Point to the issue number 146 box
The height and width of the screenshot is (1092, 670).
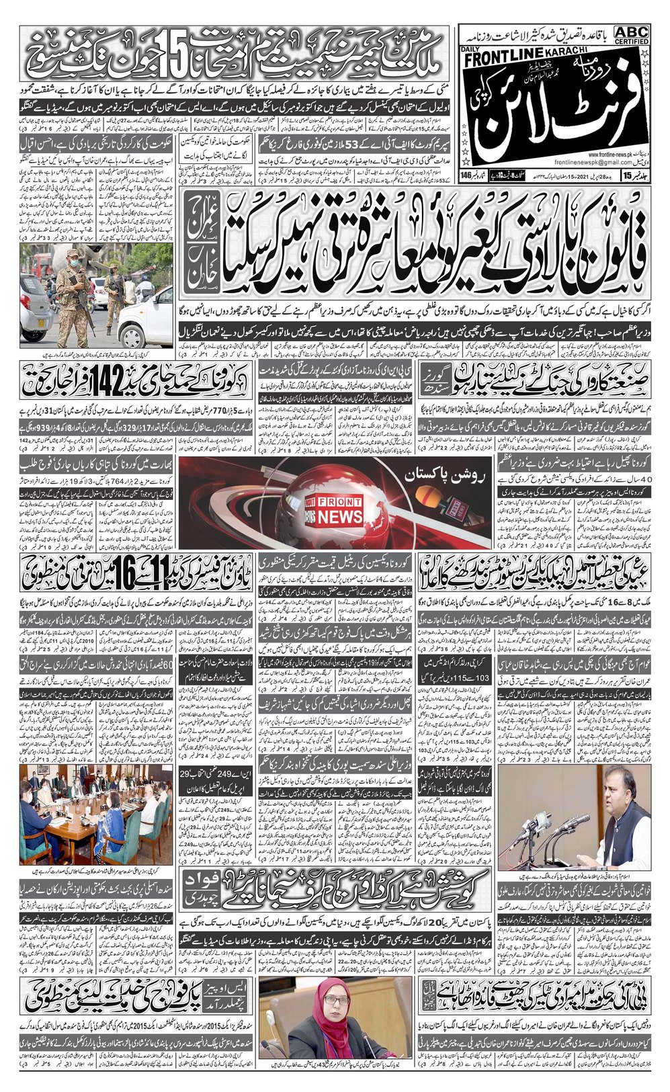click(470, 194)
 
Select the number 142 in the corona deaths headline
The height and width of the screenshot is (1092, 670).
click(95, 380)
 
